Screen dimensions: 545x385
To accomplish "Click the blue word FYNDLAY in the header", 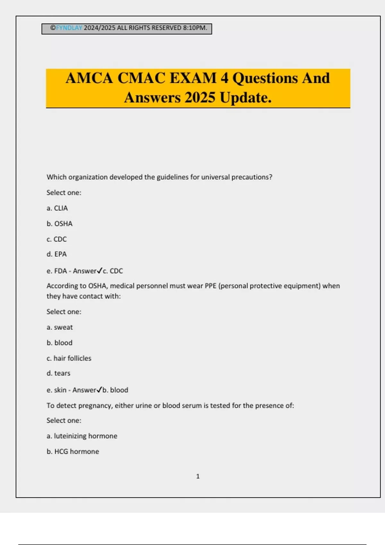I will pos(69,28).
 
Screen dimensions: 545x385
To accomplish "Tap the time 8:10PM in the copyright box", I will pos(195,28).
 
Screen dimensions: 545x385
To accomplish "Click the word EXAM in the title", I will pos(193,78).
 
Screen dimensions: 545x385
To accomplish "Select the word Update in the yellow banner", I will pos(245,97).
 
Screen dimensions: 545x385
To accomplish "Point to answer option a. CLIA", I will pos(57,208).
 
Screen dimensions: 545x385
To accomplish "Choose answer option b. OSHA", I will pos(59,223).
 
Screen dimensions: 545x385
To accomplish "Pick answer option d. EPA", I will pos(56,254).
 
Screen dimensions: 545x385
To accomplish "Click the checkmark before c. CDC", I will pos(99,271).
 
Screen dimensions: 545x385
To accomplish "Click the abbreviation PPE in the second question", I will pos(210,286).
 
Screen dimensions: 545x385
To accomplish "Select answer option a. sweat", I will pos(60,327).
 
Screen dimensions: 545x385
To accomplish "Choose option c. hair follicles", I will pos(69,358).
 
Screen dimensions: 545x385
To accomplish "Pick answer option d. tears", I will pos(58,373).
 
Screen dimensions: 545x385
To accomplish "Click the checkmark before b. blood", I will pos(99,390).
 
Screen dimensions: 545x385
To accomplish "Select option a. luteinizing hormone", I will pos(82,436).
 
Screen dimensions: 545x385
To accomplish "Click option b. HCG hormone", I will pos(73,451).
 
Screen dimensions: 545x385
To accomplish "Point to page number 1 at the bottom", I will pos(198,476).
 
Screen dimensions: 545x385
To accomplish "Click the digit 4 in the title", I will pos(224,78).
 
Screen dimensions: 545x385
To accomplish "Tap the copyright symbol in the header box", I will pos(53,28).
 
